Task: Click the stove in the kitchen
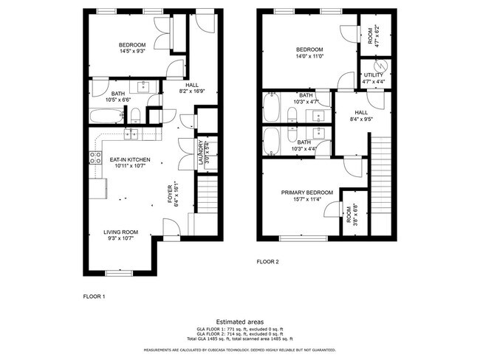[x=95, y=156]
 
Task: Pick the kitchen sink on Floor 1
[x=131, y=134]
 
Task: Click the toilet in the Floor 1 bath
[x=136, y=114]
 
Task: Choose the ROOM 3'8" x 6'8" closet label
[x=349, y=215]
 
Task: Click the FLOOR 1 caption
[x=94, y=296]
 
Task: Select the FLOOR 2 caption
[x=268, y=261]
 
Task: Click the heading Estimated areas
[x=240, y=321]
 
